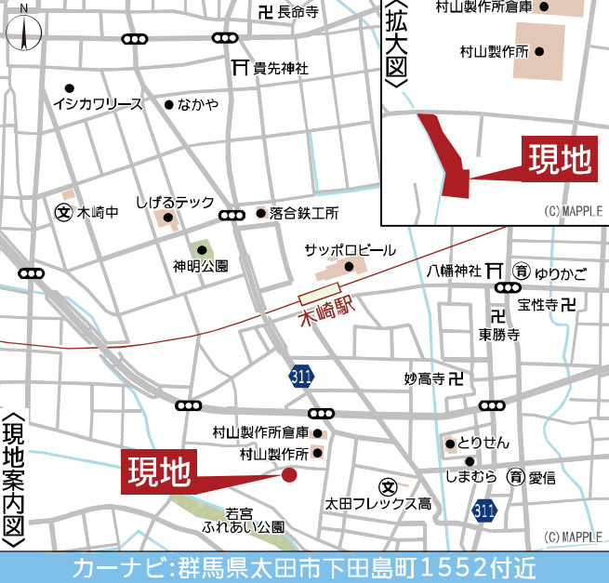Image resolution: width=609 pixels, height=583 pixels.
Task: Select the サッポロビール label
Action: click(x=351, y=251)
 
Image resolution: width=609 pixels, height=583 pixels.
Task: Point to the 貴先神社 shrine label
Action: click(x=281, y=68)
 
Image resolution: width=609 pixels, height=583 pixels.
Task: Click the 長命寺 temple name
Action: click(x=298, y=12)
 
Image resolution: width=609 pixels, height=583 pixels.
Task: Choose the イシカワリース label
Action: click(x=99, y=104)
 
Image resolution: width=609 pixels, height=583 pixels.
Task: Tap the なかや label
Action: click(x=198, y=104)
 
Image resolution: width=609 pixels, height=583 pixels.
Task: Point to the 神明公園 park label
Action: click(x=200, y=266)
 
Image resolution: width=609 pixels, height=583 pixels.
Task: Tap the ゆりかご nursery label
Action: click(x=561, y=272)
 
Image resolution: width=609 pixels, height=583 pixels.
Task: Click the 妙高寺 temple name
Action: click(x=424, y=378)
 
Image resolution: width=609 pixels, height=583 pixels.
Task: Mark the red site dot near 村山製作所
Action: click(x=289, y=475)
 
